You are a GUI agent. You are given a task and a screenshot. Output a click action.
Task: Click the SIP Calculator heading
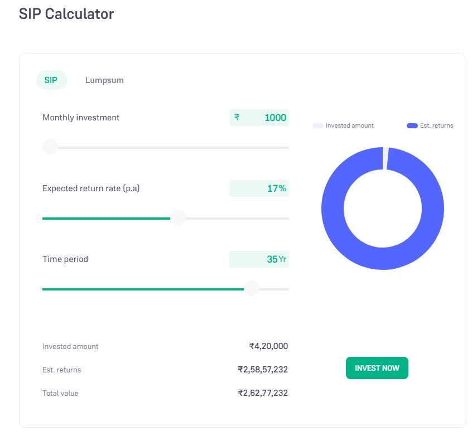point(66,14)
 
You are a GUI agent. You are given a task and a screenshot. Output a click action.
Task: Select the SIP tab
point(51,80)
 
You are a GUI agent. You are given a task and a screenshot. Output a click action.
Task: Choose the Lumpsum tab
point(104,80)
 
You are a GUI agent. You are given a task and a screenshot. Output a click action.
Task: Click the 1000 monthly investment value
point(275,118)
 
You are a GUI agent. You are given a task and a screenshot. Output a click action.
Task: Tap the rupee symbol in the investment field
point(237,117)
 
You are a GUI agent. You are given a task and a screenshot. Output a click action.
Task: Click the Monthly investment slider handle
point(50,147)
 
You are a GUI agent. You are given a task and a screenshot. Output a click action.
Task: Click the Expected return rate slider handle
point(177,218)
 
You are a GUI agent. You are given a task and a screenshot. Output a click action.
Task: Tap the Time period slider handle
point(252,289)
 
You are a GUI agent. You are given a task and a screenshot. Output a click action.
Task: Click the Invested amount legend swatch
point(318,126)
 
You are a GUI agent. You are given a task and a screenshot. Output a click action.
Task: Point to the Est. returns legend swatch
point(412,126)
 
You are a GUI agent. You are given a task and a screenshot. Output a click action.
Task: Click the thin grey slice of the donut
point(386,158)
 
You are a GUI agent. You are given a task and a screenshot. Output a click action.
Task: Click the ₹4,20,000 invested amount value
point(268,346)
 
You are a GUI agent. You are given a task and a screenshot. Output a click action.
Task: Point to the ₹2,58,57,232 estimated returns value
point(263,370)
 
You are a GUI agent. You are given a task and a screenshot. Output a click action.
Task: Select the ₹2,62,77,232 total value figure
point(263,393)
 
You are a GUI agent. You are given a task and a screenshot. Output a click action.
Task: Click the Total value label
point(60,394)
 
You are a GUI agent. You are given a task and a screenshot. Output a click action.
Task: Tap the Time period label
point(65,259)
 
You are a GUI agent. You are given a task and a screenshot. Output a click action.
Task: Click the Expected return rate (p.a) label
point(91,188)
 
